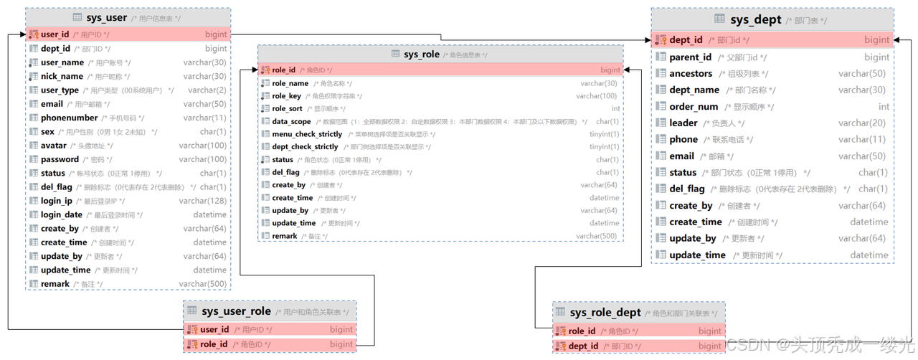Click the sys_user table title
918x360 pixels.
coord(107,17)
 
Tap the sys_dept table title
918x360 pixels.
coord(756,19)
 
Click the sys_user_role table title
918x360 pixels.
coord(236,311)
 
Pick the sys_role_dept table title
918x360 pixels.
coord(605,313)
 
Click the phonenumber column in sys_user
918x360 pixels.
coord(69,118)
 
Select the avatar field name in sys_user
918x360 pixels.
coord(54,146)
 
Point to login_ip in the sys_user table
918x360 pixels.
coord(56,201)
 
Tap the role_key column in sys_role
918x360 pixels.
coord(286,96)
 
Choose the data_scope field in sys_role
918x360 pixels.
coord(291,122)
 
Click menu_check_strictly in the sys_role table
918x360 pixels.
coord(307,134)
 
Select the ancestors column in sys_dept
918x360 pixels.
coord(691,74)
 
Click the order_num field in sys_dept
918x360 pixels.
coord(694,107)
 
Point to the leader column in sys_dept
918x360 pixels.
coord(683,123)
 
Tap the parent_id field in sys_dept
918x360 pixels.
coord(690,57)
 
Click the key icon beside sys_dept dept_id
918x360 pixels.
coord(661,40)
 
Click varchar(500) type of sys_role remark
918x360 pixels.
coord(597,236)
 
